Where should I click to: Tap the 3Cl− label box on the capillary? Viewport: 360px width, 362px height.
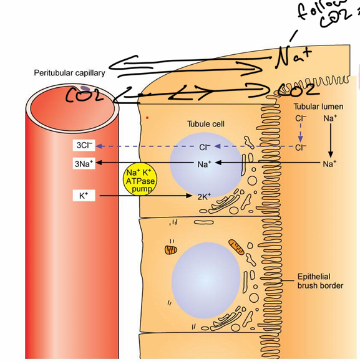(84, 146)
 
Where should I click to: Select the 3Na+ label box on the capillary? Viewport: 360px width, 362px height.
(84, 164)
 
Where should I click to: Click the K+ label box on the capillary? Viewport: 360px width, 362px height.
(84, 196)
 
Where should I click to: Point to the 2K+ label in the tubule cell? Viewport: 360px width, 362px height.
(204, 196)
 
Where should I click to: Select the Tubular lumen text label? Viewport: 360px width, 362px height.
(318, 107)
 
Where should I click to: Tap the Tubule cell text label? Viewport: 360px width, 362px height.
(205, 124)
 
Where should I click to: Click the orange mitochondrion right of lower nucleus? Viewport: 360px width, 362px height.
(238, 247)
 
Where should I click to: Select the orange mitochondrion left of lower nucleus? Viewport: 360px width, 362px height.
(171, 250)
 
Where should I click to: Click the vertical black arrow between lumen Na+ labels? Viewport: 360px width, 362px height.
(330, 140)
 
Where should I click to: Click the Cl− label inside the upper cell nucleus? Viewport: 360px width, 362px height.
(205, 148)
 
